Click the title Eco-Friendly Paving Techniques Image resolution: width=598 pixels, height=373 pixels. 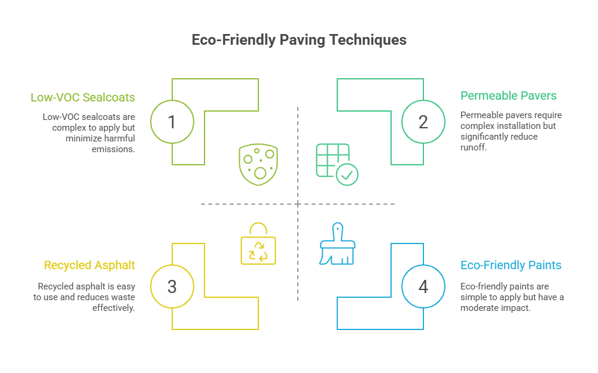coord(298,40)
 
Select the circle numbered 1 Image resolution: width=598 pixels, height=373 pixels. coord(172,122)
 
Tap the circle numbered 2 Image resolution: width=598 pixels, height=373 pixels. coord(423,122)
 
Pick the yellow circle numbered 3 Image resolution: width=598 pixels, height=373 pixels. coord(172,286)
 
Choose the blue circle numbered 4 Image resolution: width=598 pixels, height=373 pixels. coord(423,286)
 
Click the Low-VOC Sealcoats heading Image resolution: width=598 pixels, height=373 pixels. coord(83,97)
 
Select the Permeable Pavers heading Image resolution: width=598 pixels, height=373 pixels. coord(508,95)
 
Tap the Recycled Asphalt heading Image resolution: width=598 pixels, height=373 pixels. coord(89,265)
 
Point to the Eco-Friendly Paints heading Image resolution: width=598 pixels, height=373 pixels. coord(511,265)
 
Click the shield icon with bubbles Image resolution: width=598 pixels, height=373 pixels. coord(258,164)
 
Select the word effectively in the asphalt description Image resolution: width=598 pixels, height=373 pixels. coord(113,308)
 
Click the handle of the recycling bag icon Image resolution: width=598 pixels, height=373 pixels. coord(258,230)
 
